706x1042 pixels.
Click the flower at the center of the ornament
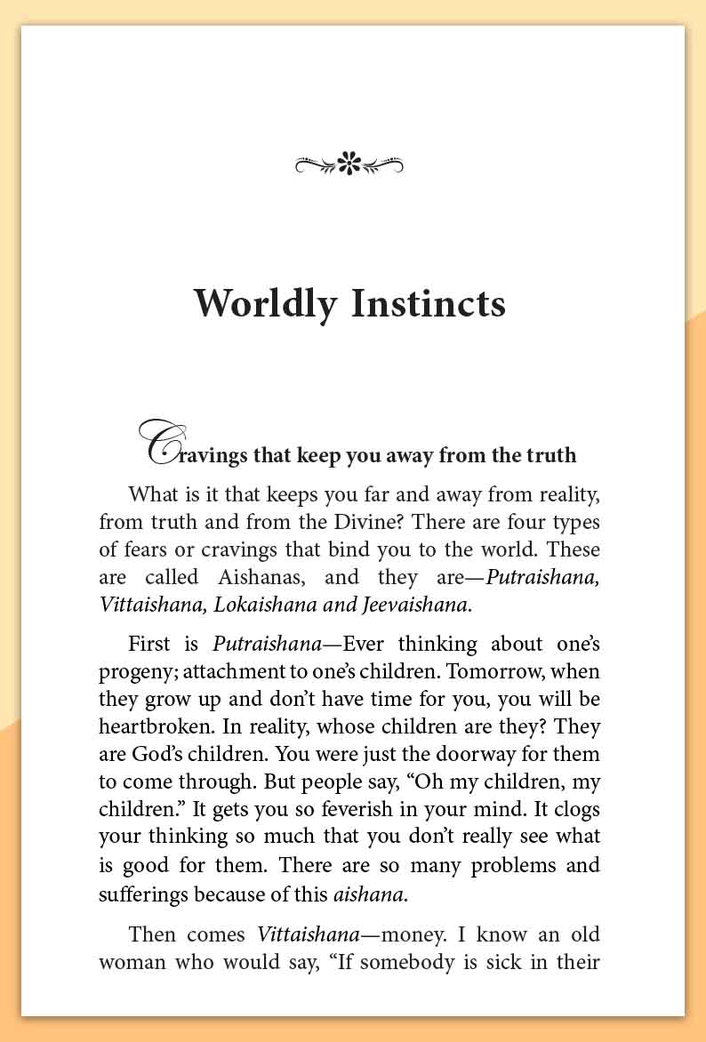coord(349,164)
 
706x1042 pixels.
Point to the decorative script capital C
coord(158,443)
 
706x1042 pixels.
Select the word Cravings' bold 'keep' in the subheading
coord(308,456)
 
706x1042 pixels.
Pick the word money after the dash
coord(384,934)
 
